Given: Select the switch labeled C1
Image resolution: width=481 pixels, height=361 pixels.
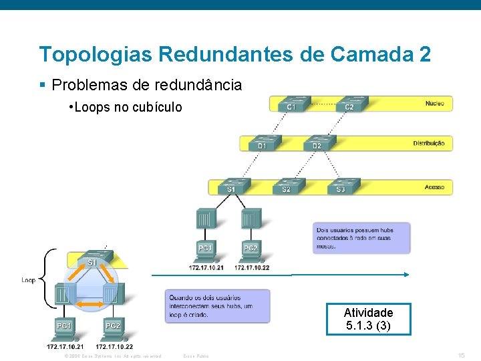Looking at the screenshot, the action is pyautogui.click(x=291, y=104).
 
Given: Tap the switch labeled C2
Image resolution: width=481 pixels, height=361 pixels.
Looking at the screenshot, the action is pyautogui.click(x=349, y=104).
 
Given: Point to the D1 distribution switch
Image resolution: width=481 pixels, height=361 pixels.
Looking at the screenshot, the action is pyautogui.click(x=262, y=142).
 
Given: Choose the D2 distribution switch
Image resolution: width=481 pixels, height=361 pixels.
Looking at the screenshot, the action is pyautogui.click(x=317, y=142).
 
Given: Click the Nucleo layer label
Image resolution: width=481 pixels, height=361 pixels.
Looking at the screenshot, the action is pyautogui.click(x=434, y=104).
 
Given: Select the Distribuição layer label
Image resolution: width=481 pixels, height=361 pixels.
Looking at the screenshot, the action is pyautogui.click(x=428, y=143).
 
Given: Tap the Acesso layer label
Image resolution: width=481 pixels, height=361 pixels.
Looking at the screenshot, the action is pyautogui.click(x=434, y=187).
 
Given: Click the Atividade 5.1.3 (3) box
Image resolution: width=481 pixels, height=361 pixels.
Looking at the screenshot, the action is pyautogui.click(x=368, y=319).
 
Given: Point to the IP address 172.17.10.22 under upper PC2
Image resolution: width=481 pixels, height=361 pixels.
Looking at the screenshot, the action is pyautogui.click(x=252, y=267).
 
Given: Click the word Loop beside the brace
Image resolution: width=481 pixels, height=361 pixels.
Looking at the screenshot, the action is pyautogui.click(x=29, y=280).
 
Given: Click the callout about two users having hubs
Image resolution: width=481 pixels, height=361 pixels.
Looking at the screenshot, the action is pyautogui.click(x=361, y=238).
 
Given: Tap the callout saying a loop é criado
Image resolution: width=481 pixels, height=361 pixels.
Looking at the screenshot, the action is pyautogui.click(x=217, y=306).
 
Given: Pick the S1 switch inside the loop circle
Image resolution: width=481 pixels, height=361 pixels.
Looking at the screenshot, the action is pyautogui.click(x=92, y=260).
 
